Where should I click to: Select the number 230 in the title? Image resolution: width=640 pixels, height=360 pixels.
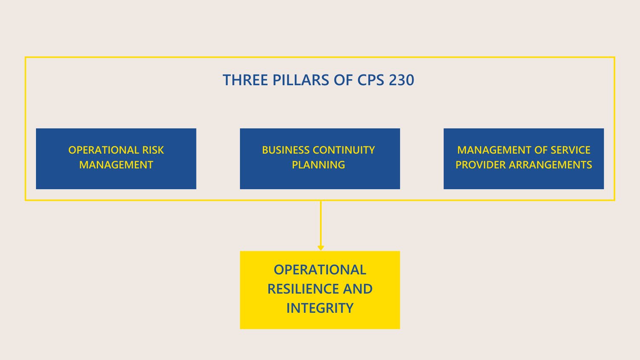coord(401,80)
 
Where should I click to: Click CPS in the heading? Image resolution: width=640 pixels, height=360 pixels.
coord(371,80)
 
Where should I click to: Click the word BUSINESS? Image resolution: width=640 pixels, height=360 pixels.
coord(286,150)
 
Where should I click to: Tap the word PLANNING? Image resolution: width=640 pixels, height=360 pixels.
coord(318,165)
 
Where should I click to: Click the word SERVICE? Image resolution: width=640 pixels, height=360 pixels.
coord(570,150)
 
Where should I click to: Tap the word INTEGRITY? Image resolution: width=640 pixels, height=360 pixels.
coord(320,308)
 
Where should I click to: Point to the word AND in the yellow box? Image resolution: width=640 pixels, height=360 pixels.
coord(358,289)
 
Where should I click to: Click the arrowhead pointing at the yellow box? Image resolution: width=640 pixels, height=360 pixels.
coord(321,248)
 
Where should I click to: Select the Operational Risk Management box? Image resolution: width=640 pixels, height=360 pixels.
coord(116,179)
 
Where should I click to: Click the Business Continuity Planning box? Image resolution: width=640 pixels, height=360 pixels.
coord(320,179)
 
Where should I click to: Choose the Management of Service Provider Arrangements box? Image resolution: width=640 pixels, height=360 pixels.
coord(524,179)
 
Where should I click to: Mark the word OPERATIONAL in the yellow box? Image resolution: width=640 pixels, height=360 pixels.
coord(320,270)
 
